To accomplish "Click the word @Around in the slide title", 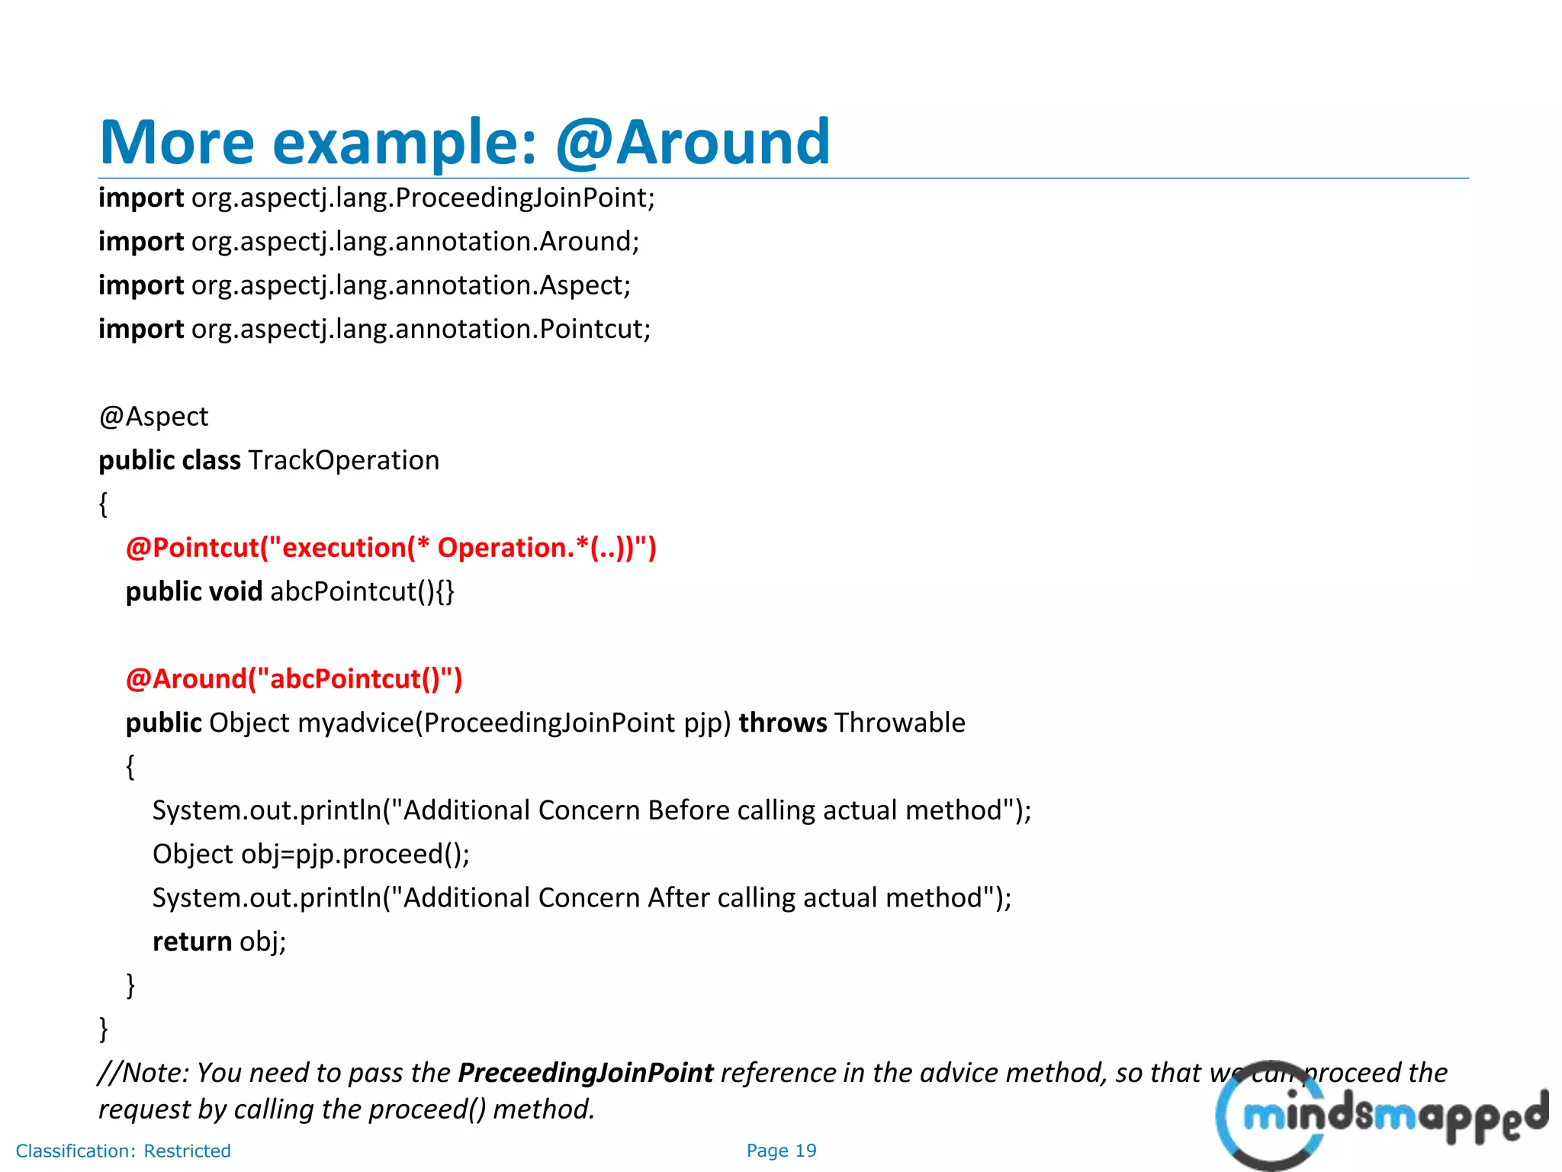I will point(693,142).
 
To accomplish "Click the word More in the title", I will point(177,142).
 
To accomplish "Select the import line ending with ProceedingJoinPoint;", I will point(377,198).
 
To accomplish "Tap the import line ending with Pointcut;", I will point(374,329).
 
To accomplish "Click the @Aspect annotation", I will point(153,417).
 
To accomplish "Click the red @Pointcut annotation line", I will point(390,548).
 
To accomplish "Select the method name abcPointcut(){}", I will point(362,591).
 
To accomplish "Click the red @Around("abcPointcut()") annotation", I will point(294,678).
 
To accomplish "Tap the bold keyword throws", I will point(783,723).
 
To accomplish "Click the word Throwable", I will point(900,723).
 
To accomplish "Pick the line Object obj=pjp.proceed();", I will point(311,854).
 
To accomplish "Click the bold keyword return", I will point(192,942).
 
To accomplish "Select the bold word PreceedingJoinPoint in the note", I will point(586,1073).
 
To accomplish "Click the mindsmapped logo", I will point(1380,1116).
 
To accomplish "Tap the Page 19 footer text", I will point(781,1151).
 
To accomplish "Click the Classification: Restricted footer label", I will point(123,1151).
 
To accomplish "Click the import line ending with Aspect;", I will point(365,285).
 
